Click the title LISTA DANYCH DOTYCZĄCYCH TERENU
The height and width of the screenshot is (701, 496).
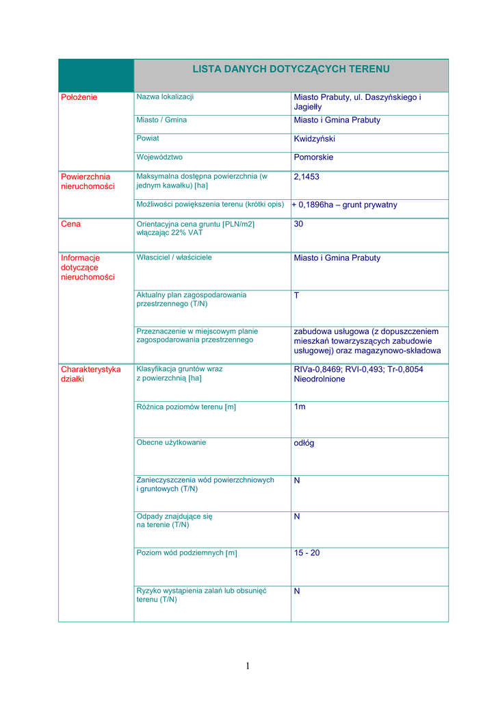coord(291,69)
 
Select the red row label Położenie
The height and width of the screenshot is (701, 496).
coord(79,97)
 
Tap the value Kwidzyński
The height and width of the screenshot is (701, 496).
coord(314,139)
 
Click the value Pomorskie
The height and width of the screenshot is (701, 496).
coord(313,157)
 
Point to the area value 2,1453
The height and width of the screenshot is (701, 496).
coord(306,177)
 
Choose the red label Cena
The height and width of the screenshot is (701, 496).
coord(71,224)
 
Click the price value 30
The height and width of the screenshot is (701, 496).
coord(298,224)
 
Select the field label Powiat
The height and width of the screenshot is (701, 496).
coord(148,138)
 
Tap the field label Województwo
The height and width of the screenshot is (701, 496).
coord(159,157)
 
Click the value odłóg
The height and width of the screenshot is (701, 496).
coord(304,443)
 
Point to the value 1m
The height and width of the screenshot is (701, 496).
coord(300,407)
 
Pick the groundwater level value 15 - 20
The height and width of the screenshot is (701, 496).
coord(306,552)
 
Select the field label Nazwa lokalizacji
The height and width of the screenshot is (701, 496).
coord(165,97)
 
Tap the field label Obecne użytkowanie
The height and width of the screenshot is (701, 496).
coord(171,442)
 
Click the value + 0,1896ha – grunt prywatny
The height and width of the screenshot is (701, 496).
coord(344,205)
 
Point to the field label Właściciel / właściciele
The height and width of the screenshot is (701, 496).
coord(174,257)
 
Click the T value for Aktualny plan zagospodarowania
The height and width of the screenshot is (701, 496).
coord(296,295)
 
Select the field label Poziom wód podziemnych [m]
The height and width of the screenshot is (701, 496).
coord(187,552)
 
